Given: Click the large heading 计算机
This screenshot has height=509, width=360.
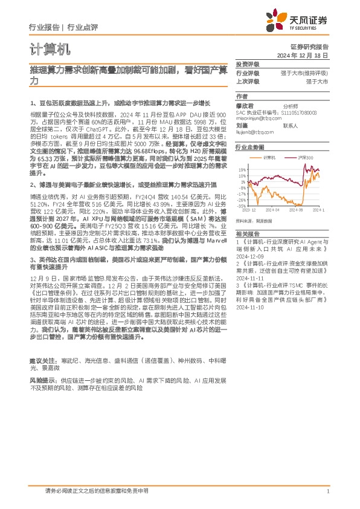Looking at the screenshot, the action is tap(45, 48).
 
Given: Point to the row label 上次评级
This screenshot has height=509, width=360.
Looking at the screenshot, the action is tap(247, 80).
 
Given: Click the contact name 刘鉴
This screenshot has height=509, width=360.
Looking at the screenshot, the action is tap(242, 125).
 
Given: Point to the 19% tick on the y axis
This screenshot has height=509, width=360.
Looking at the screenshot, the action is tap(242, 170).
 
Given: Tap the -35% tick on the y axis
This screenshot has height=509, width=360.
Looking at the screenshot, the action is tap(241, 206).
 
